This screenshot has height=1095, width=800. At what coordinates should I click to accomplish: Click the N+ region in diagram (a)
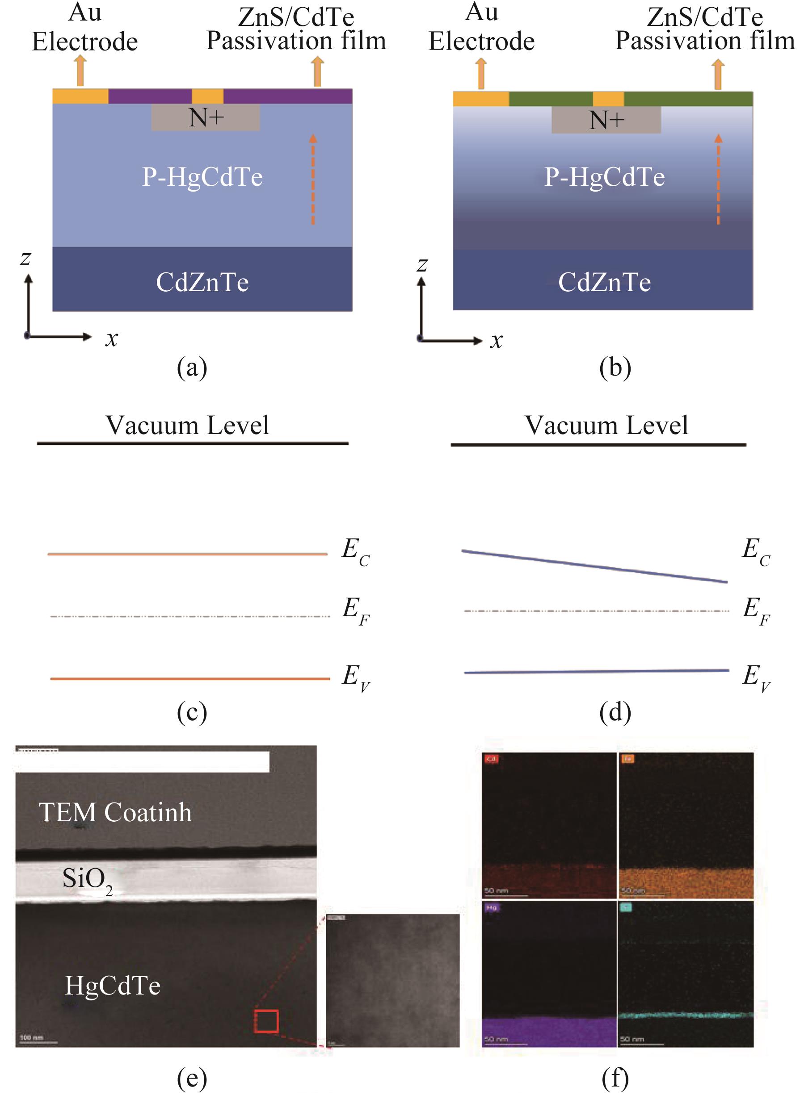pos(205,117)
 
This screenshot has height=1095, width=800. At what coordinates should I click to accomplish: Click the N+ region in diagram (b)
pos(606,120)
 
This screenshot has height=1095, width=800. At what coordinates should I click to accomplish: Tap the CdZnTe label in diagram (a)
pos(202,282)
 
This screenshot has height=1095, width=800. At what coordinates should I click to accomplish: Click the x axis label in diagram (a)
pos(112,338)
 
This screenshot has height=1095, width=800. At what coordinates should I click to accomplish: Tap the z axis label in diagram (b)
pos(422,264)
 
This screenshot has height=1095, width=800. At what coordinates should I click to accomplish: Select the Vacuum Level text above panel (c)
pos(187,425)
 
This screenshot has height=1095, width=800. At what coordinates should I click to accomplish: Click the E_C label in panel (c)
pos(355,551)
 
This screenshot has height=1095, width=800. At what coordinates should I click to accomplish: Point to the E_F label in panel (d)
pos(756,610)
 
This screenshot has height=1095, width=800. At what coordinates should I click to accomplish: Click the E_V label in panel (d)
pos(756,677)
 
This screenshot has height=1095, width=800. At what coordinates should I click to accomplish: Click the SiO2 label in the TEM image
pos(87,879)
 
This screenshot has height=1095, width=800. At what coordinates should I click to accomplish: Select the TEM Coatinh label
pos(115,812)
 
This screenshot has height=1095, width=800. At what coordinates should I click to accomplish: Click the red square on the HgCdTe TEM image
pos(266,1021)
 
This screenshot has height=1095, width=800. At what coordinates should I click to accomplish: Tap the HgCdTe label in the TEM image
pos(113,986)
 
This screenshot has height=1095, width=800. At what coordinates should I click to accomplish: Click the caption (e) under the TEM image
pos(192,1077)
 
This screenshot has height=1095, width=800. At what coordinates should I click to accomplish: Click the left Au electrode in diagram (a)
pos(80,96)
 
